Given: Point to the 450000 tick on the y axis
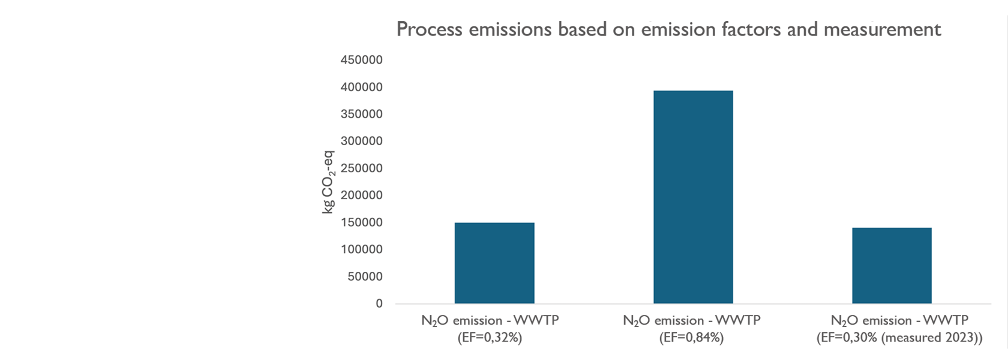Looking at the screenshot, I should click(x=361, y=60).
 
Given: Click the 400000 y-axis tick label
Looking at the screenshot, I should click(x=361, y=87).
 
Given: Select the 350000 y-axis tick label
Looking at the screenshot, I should click(x=361, y=114).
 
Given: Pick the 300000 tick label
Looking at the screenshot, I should click(x=361, y=141).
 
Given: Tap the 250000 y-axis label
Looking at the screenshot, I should click(x=361, y=168).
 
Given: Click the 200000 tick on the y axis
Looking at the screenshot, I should click(x=361, y=195).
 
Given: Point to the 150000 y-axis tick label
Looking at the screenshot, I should click(x=361, y=223).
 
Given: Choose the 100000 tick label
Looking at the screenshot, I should click(x=361, y=250).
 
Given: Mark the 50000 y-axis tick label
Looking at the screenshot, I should click(x=364, y=277).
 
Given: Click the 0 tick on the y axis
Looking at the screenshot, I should click(x=379, y=304).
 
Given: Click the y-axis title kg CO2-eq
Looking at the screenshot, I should click(x=328, y=182).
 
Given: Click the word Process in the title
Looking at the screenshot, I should click(x=430, y=29).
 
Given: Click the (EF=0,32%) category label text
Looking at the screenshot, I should click(x=490, y=338).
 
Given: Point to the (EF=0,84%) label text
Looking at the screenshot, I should click(x=691, y=338).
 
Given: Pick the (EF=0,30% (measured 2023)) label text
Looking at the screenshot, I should click(x=899, y=338).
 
